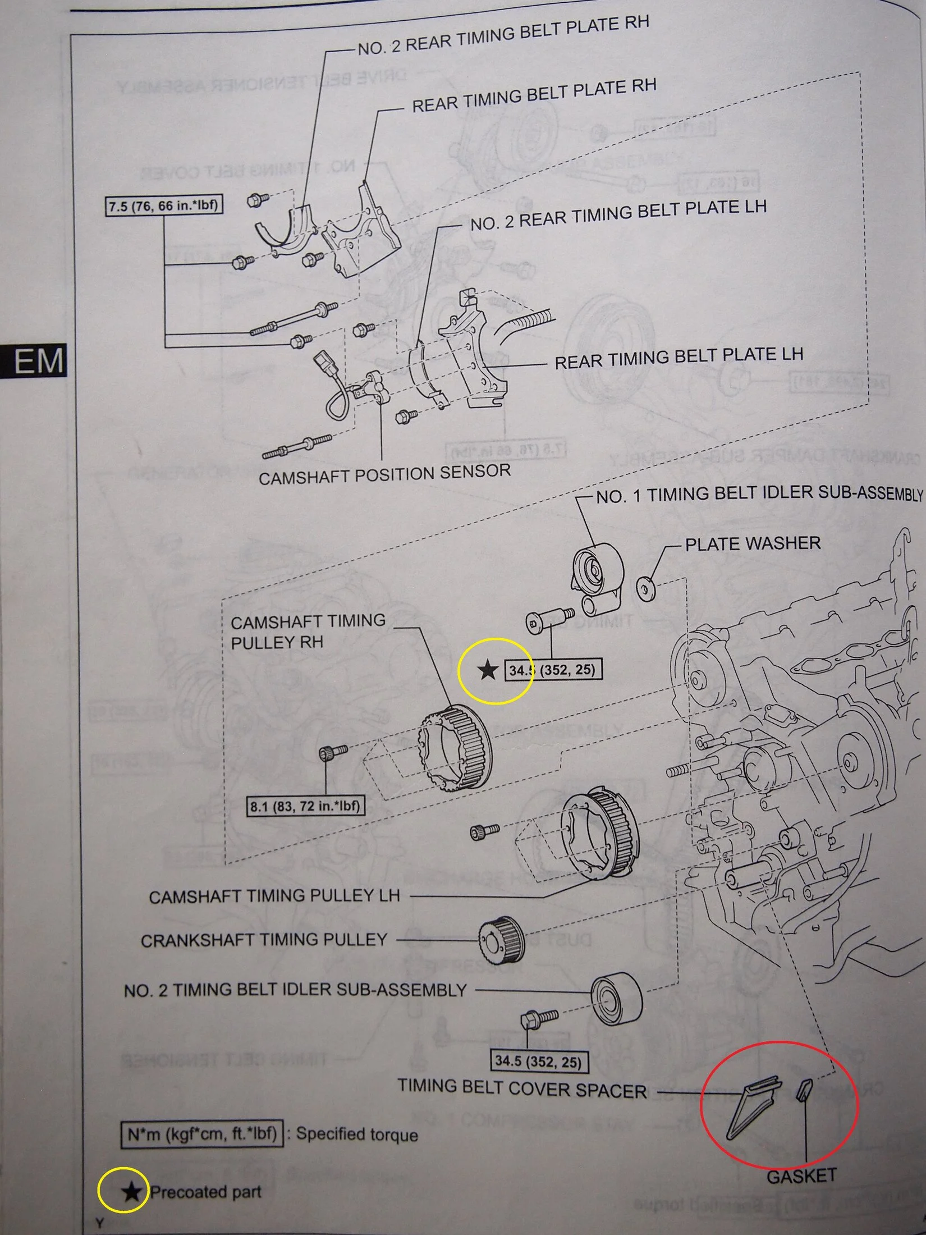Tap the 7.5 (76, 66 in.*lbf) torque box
click(163, 206)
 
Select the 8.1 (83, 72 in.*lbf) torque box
click(305, 807)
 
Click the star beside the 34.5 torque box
click(487, 670)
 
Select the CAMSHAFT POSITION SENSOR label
click(384, 474)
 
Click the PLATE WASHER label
click(753, 543)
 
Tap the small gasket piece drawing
click(804, 1090)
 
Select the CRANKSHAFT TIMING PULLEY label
click(264, 940)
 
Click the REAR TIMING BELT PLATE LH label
click(679, 358)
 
